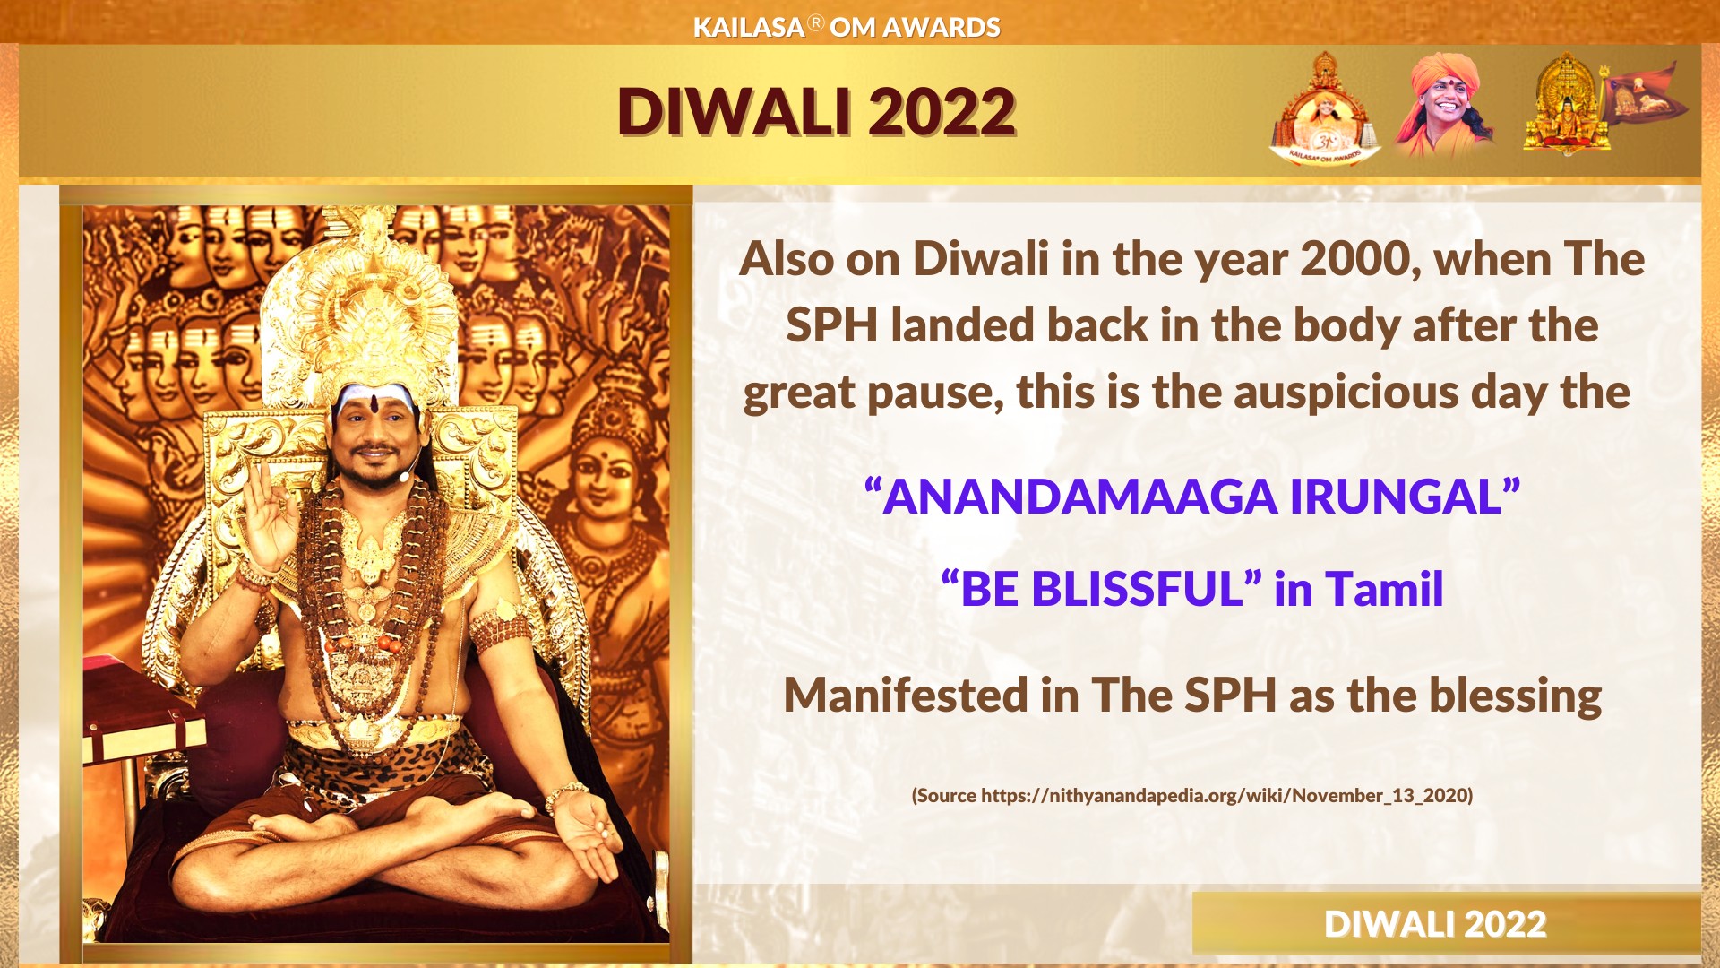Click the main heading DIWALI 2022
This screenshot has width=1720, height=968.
pos(816,112)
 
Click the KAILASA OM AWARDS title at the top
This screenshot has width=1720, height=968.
pos(847,27)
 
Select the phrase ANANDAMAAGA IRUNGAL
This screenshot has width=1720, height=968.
pos(1192,497)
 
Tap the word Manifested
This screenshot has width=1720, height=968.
pos(906,696)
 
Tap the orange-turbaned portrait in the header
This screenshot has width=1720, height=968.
pos(1444,104)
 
